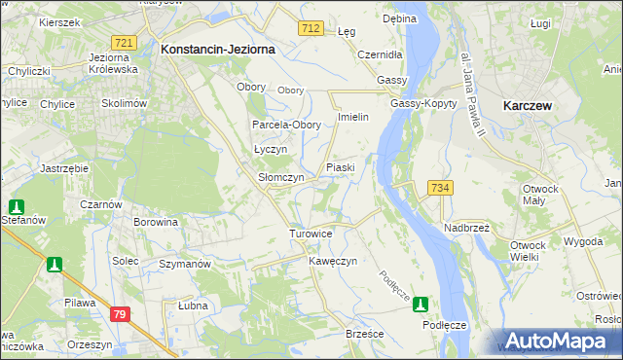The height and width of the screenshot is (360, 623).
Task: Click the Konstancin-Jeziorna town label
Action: (218, 48)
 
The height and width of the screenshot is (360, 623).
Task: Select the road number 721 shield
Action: (124, 43)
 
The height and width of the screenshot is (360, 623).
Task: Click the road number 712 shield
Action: (311, 29)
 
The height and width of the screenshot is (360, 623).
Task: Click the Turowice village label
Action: (312, 234)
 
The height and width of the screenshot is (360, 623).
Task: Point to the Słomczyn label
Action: (281, 178)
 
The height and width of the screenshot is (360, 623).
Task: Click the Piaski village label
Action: (340, 167)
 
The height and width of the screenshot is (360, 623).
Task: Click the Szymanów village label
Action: (185, 264)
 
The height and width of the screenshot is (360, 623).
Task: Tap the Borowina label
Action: (157, 222)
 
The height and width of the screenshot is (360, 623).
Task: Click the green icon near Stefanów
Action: (17, 206)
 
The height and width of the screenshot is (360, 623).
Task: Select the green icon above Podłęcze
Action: (421, 304)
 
